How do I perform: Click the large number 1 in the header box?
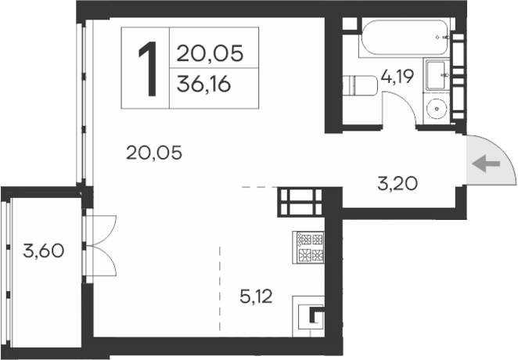[146, 67]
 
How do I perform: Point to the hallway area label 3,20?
[397, 185]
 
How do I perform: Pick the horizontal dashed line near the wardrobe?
[258, 188]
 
